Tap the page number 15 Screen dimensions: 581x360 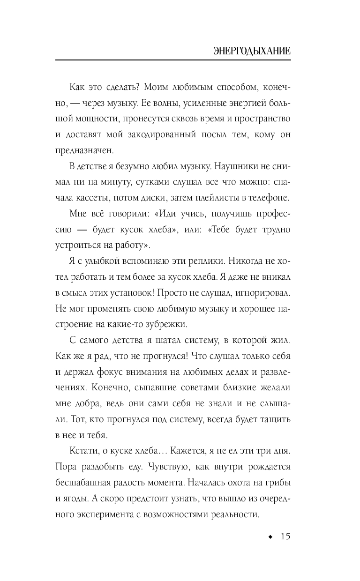coord(285,536)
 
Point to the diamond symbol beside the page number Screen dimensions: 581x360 coord(270,537)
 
